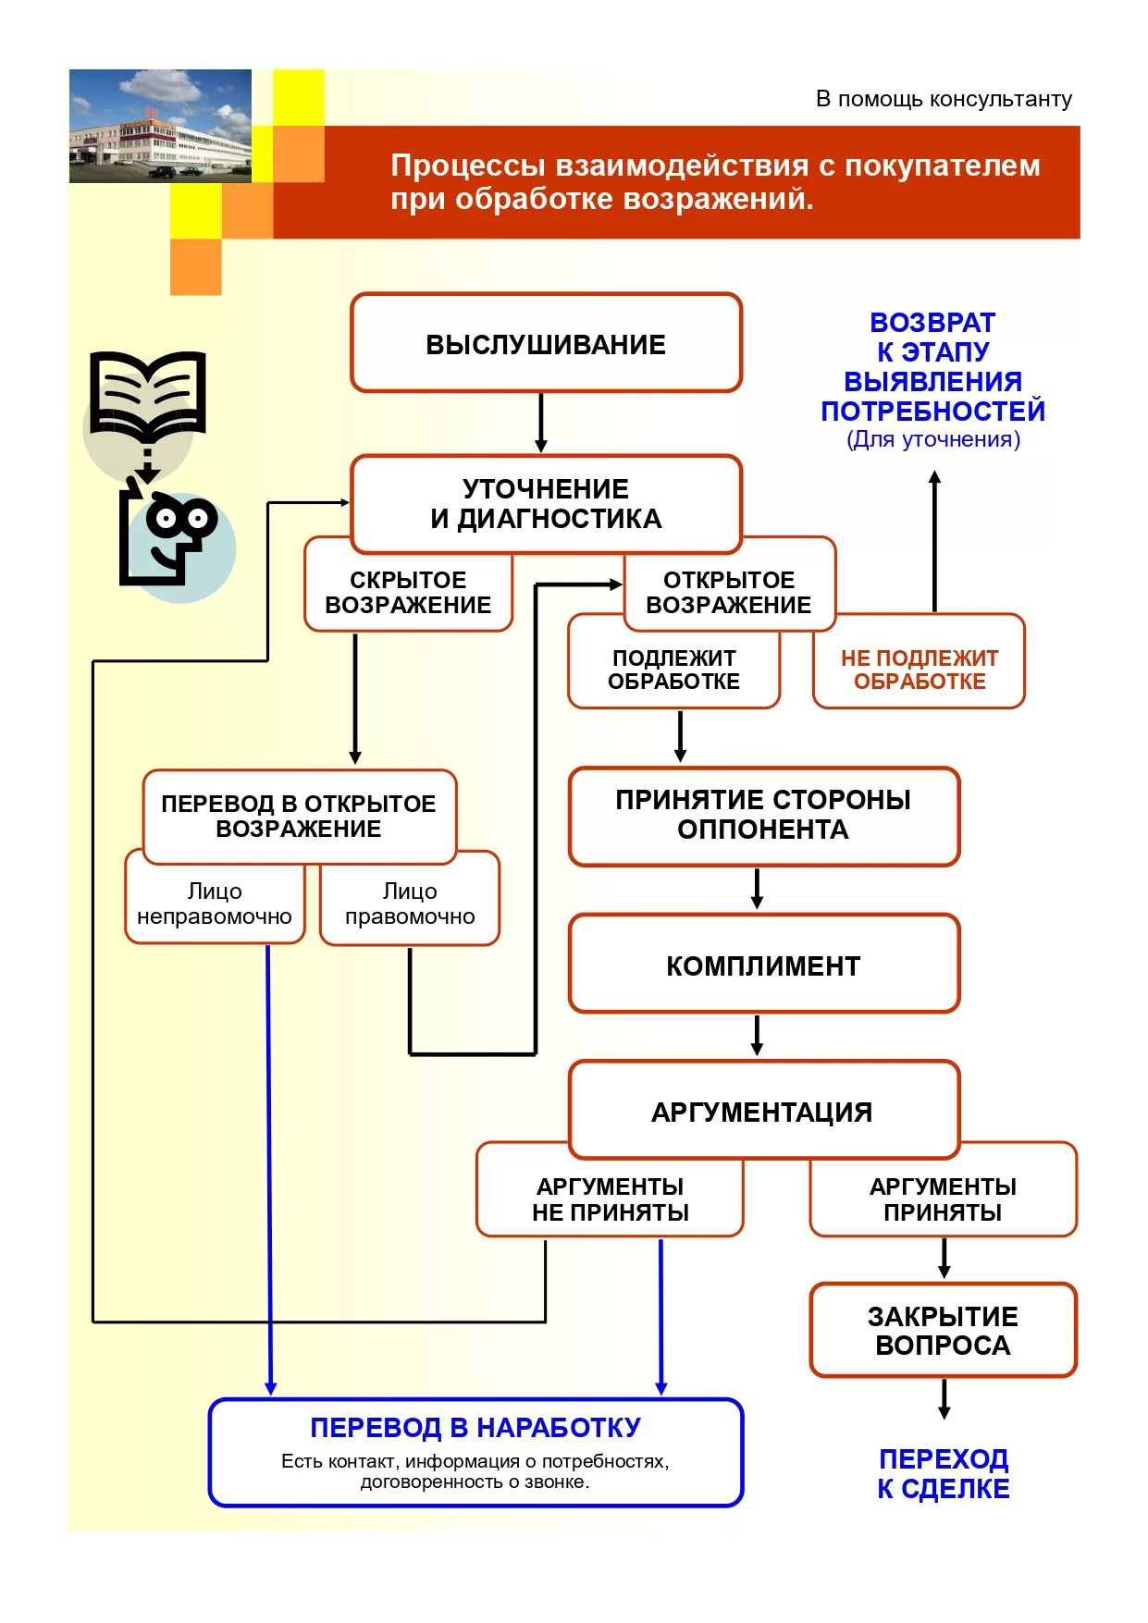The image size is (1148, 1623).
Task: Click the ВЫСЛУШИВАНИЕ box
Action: click(x=546, y=343)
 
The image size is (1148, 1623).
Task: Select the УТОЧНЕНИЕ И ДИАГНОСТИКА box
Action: click(x=546, y=504)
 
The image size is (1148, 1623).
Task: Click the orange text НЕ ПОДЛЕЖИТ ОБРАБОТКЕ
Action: click(x=920, y=670)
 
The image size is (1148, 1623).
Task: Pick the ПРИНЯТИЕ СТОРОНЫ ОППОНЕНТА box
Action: click(x=764, y=816)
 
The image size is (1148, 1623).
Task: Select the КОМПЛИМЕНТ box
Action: click(x=764, y=964)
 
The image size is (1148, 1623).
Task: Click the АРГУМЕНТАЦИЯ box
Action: click(x=764, y=1110)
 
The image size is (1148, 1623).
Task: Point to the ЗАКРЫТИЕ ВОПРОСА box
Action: click(x=944, y=1330)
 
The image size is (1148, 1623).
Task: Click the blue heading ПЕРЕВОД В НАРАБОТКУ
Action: click(x=475, y=1428)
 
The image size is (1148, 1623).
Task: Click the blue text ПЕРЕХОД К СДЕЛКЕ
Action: click(x=944, y=1473)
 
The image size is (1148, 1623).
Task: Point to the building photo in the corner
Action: click(x=160, y=126)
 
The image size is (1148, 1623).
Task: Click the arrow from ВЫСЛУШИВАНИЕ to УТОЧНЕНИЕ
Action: click(x=541, y=423)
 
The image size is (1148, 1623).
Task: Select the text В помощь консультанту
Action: click(x=944, y=99)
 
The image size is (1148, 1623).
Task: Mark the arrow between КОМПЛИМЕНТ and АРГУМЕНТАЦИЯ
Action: click(x=757, y=1036)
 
